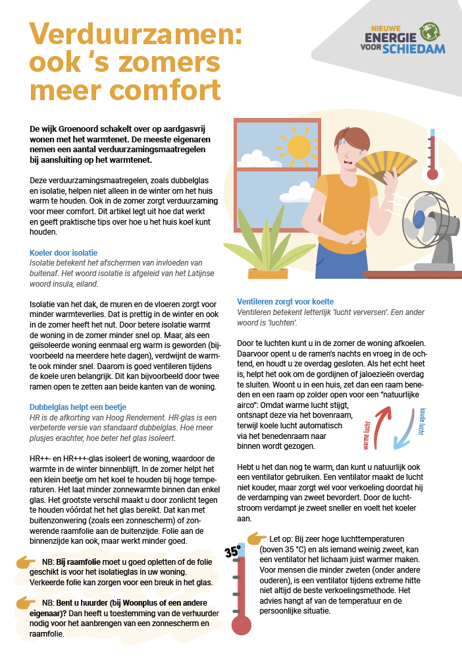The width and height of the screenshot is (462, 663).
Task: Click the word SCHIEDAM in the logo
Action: pyautogui.click(x=414, y=49)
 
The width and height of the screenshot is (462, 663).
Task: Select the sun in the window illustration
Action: pyautogui.click(x=298, y=146)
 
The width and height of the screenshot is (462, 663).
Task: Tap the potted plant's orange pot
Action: pyautogui.click(x=268, y=274)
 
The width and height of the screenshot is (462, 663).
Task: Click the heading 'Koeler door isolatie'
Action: pyautogui.click(x=63, y=253)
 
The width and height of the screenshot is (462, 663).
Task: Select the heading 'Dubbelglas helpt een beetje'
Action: pyautogui.click(x=78, y=407)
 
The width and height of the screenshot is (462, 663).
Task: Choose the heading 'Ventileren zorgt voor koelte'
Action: pyautogui.click(x=285, y=302)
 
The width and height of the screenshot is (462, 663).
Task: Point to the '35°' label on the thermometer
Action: pyautogui.click(x=233, y=552)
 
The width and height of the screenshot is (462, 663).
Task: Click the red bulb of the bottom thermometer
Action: pyautogui.click(x=241, y=625)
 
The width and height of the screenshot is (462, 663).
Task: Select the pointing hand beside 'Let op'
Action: pyautogui.click(x=257, y=538)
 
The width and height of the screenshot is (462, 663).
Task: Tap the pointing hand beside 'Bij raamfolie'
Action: pyautogui.click(x=26, y=562)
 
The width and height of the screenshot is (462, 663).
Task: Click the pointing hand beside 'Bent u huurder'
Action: pyautogui.click(x=26, y=602)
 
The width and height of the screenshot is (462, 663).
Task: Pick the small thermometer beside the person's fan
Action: pyautogui.click(x=432, y=155)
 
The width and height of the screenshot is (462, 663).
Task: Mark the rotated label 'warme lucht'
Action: pyautogui.click(x=366, y=436)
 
